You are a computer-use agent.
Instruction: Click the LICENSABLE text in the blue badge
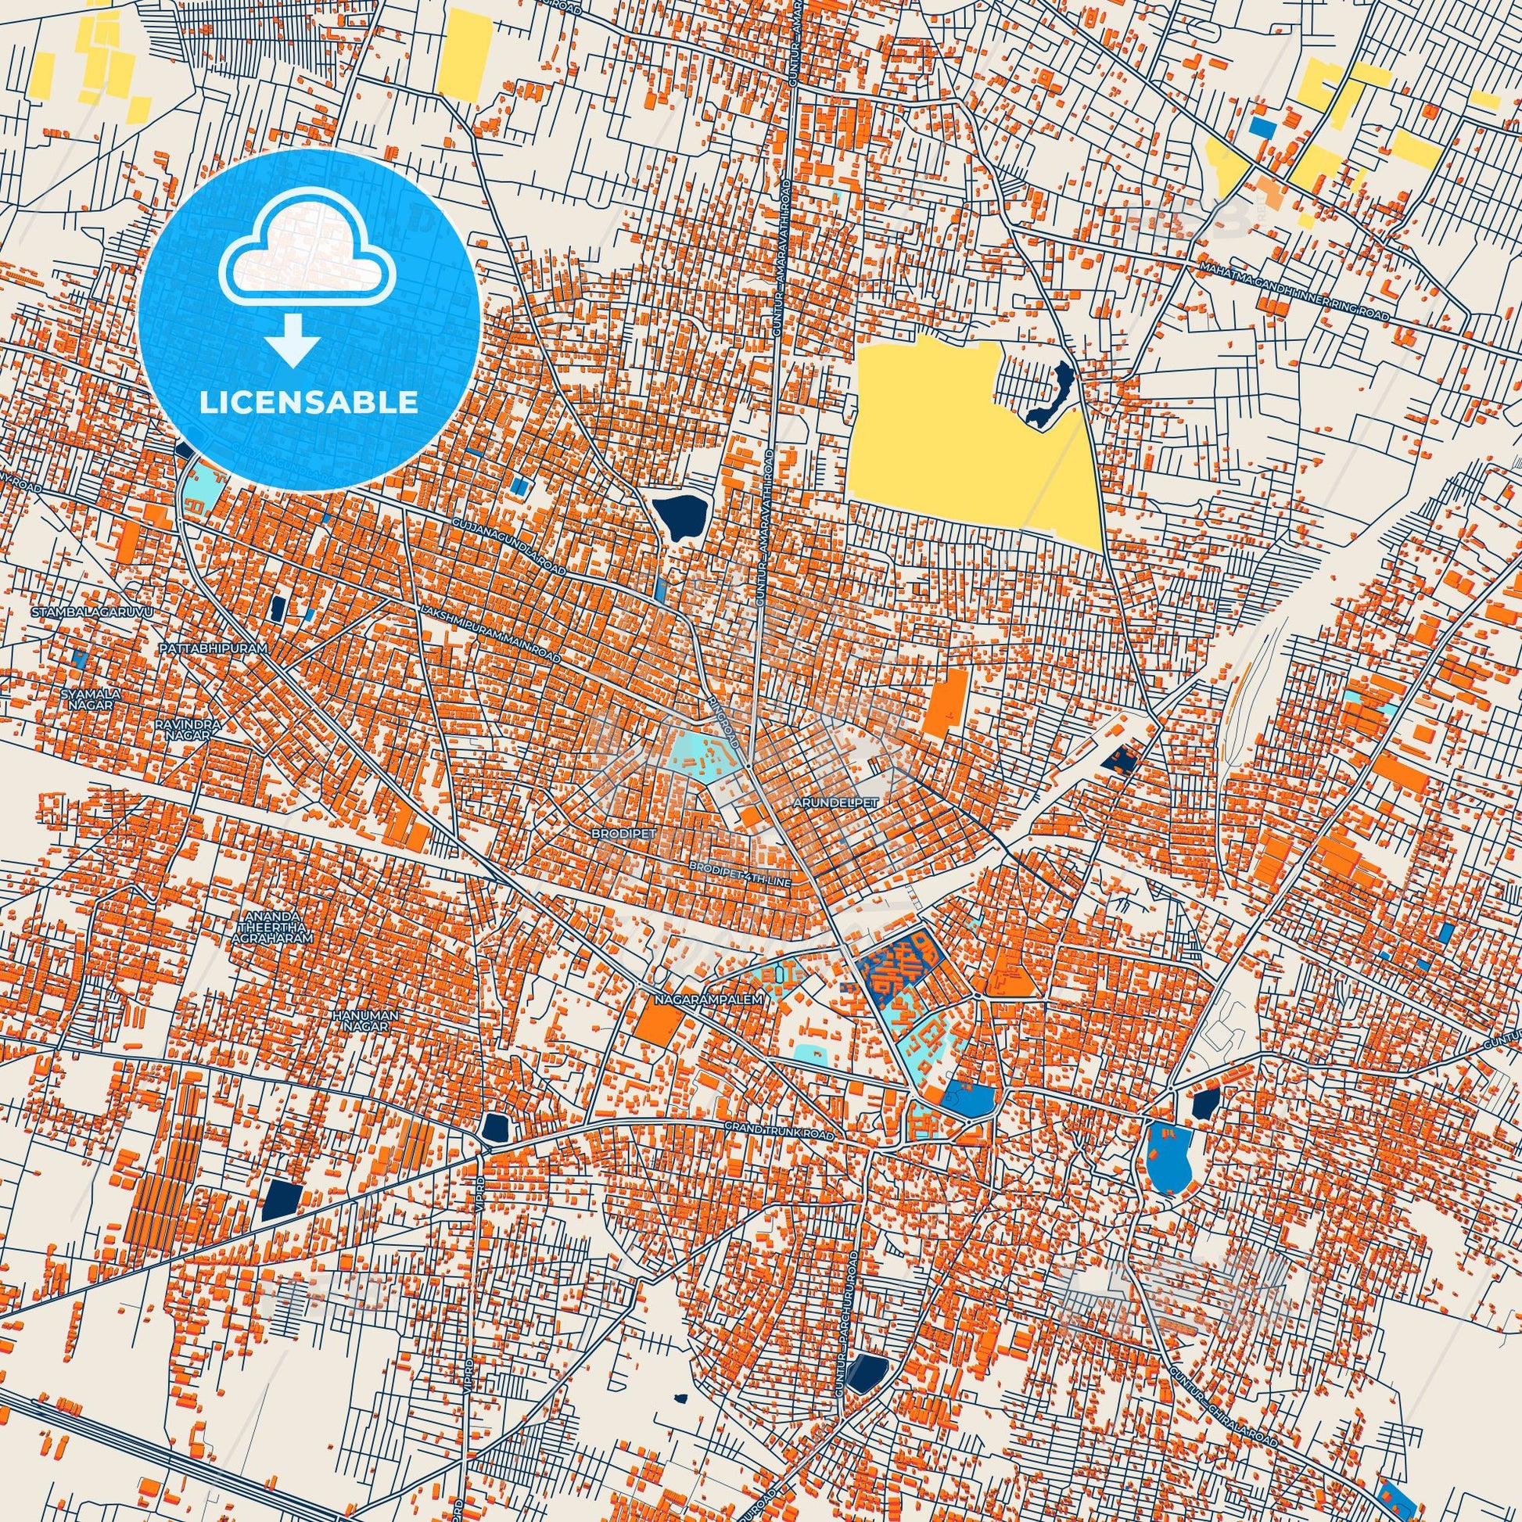pyautogui.click(x=309, y=402)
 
